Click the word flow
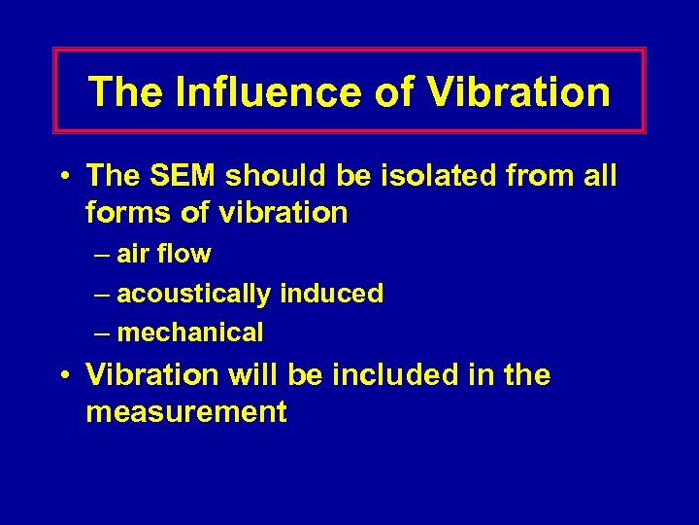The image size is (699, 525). tap(184, 255)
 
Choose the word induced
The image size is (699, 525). tap(332, 293)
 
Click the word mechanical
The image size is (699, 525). tap(189, 332)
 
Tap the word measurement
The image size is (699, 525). tap(186, 412)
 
